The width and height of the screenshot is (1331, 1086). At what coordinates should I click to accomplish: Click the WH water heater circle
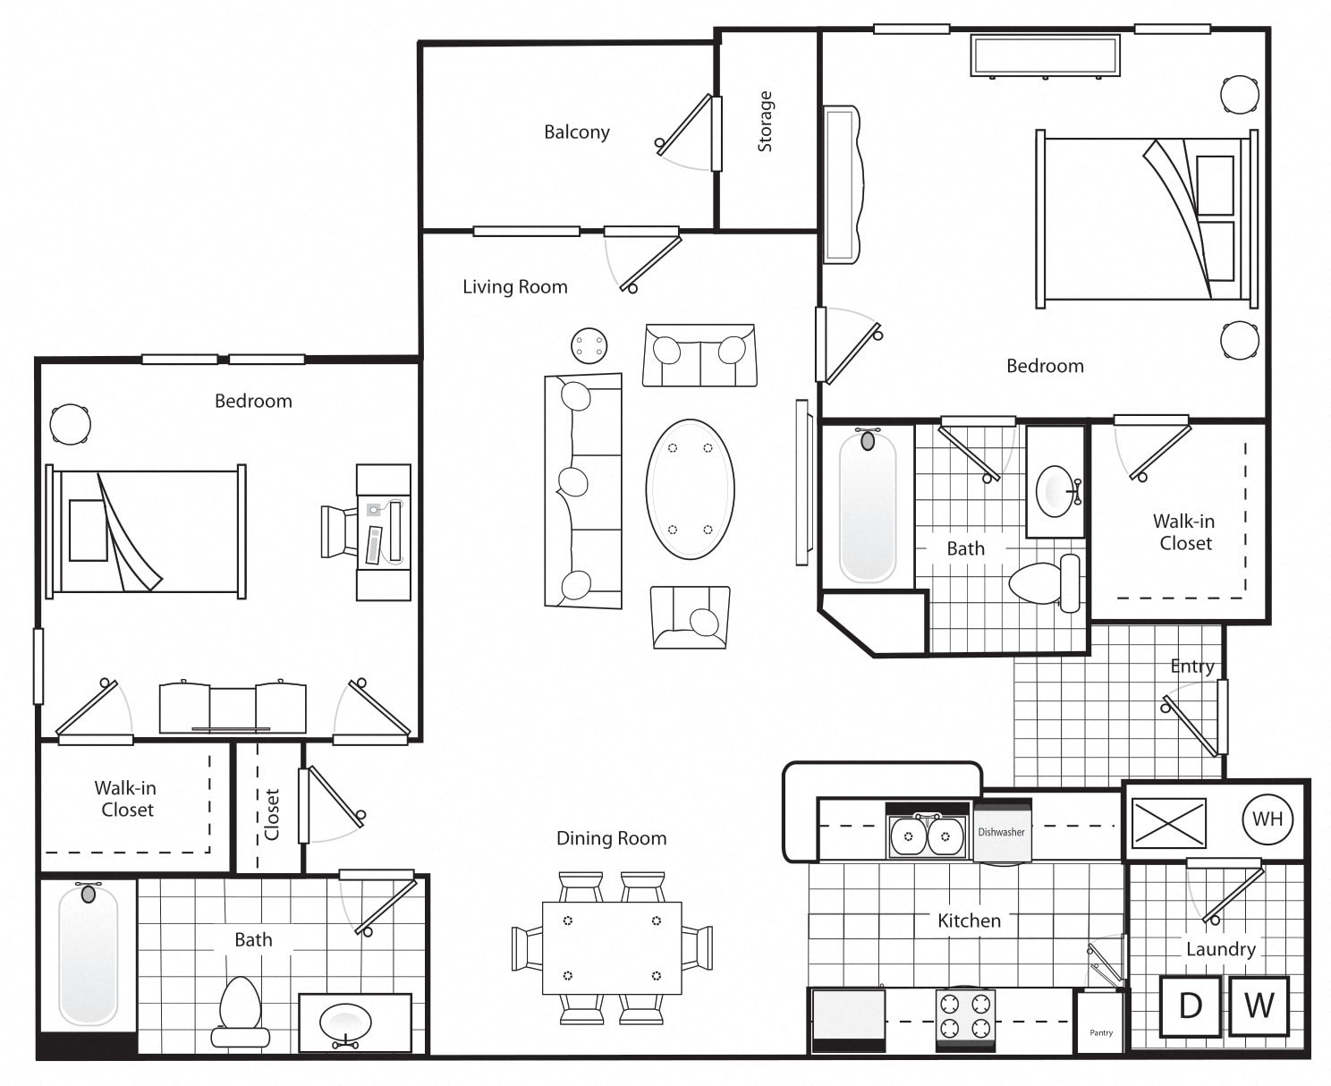[1267, 819]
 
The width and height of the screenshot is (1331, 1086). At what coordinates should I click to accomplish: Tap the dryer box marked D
[1190, 1006]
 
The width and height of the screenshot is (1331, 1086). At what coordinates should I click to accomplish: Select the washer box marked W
[1259, 1006]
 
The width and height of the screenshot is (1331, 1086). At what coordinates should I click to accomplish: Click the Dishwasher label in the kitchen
[1001, 832]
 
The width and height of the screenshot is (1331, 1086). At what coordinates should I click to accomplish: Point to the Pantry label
[1101, 1032]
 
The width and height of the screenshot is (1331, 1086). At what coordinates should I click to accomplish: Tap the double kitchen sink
[927, 836]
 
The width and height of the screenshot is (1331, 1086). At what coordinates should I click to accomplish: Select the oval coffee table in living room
[690, 489]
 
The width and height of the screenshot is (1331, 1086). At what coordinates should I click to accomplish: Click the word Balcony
[576, 132]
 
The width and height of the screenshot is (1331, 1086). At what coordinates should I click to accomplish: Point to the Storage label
[765, 122]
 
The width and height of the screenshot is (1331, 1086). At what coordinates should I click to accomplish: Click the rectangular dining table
[612, 947]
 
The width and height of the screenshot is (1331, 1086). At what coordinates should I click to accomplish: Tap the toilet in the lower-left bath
[241, 1011]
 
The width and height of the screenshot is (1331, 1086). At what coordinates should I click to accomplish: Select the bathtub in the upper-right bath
[867, 506]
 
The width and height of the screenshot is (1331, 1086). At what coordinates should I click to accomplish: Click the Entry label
[1191, 666]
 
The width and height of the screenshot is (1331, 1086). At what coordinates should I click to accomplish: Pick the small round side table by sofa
[589, 345]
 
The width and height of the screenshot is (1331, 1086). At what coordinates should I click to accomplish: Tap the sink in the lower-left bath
[345, 1022]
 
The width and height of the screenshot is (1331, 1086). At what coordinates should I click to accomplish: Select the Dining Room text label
[611, 838]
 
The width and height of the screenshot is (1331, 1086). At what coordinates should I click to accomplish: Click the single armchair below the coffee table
[691, 617]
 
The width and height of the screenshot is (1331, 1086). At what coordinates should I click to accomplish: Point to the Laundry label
[1220, 949]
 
